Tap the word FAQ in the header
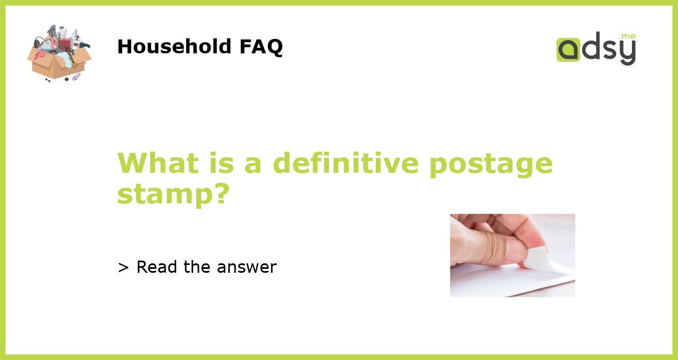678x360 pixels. pyautogui.click(x=261, y=47)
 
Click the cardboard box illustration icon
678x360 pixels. pyautogui.click(x=59, y=53)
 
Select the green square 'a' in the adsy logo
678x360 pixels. pyautogui.click(x=568, y=49)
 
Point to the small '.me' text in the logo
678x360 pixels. pyautogui.click(x=627, y=37)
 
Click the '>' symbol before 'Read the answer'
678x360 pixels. pyautogui.click(x=123, y=267)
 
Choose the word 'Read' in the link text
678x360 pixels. pyautogui.click(x=157, y=267)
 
